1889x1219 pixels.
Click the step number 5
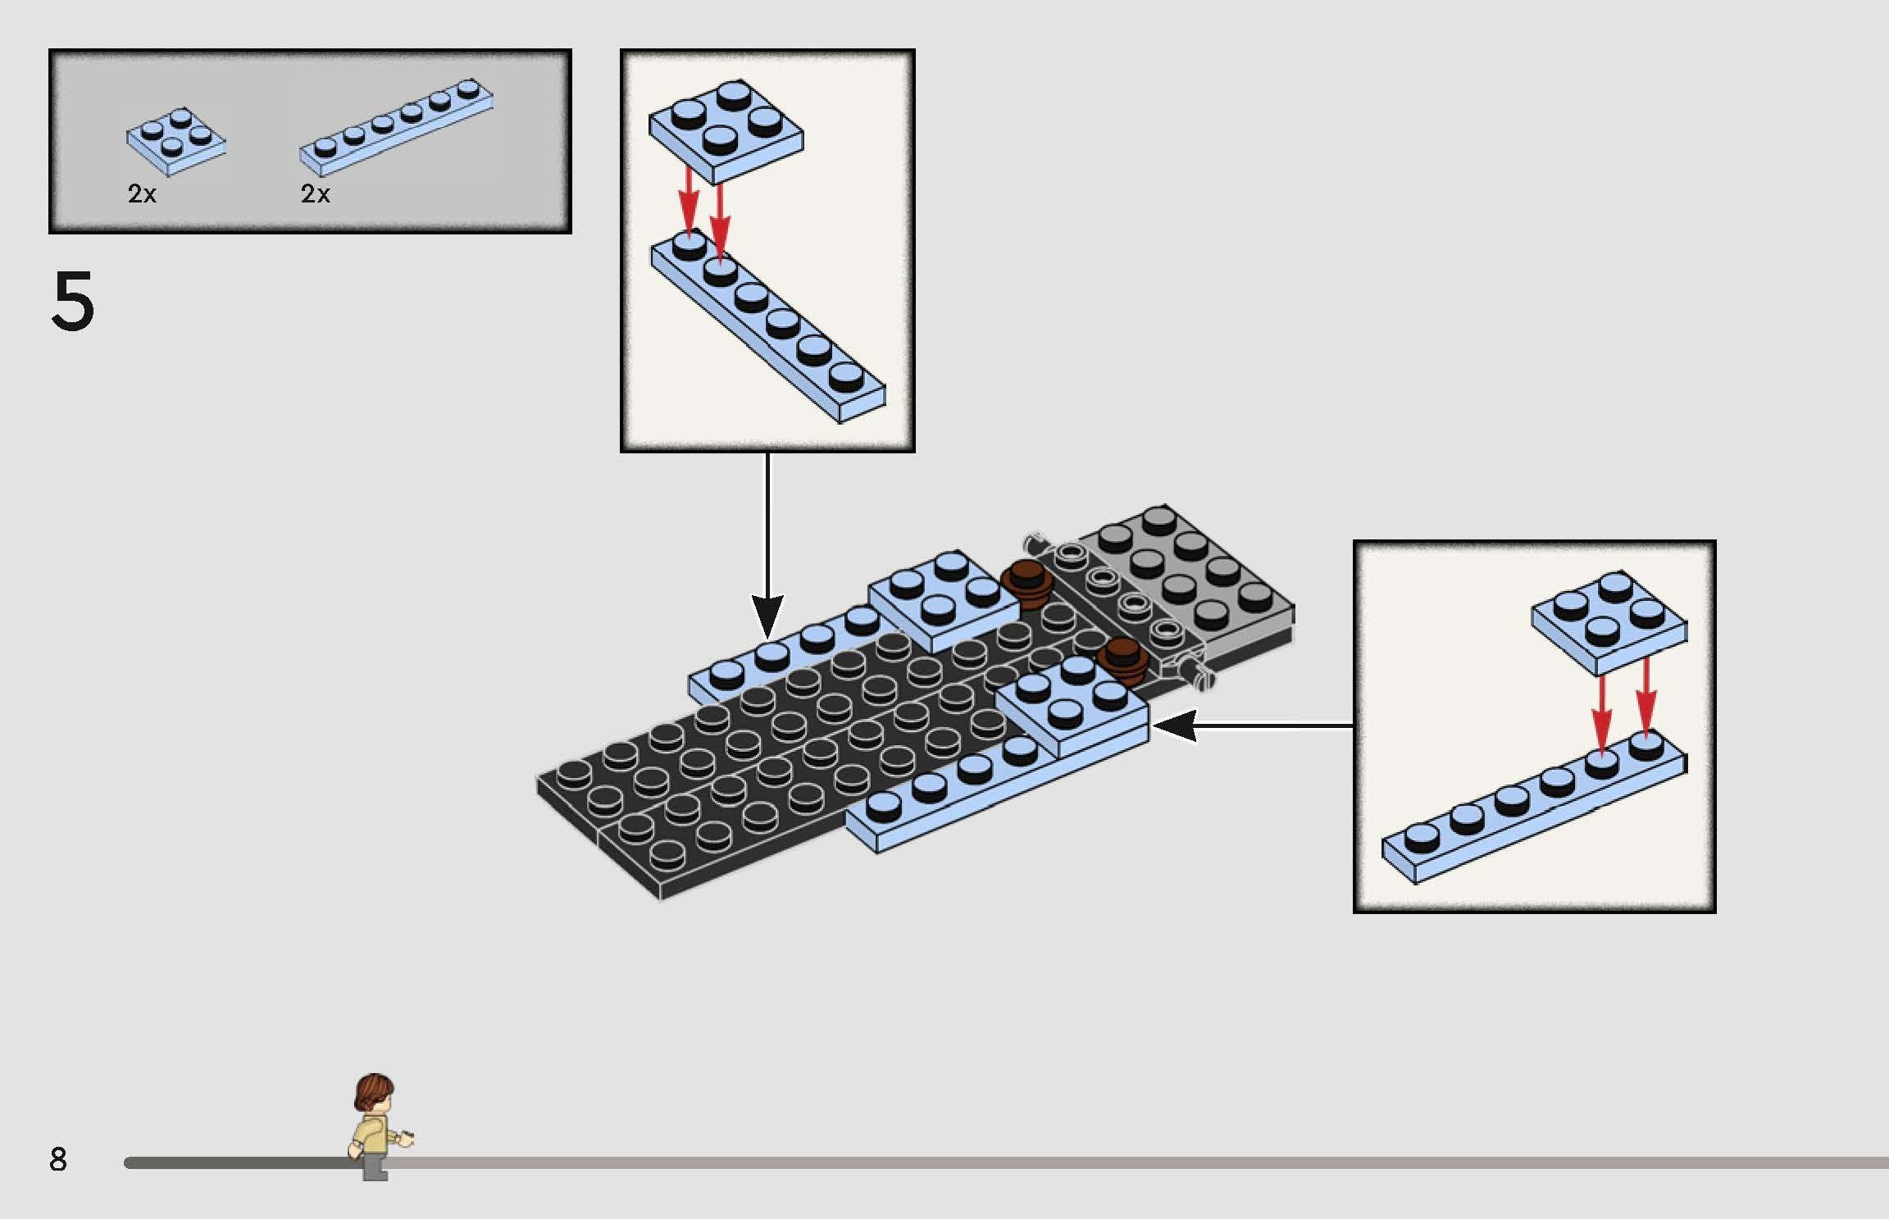tap(73, 301)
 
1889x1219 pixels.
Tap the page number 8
tap(57, 1159)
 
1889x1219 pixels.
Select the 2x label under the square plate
tap(142, 193)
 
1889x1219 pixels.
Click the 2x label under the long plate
tap(316, 193)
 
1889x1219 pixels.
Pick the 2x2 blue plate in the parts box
tap(176, 142)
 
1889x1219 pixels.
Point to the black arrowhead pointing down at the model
tap(767, 616)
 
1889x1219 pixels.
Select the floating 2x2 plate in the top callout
tap(726, 131)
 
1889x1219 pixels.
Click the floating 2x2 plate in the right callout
tap(1609, 623)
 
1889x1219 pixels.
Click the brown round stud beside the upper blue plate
tap(1026, 584)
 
